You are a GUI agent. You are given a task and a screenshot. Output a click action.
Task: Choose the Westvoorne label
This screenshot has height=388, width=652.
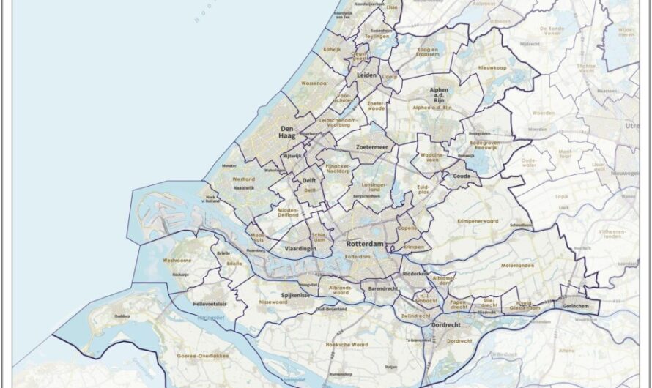[x=177, y=260]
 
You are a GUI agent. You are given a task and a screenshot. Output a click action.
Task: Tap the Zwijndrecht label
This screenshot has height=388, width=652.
[x=415, y=316]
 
